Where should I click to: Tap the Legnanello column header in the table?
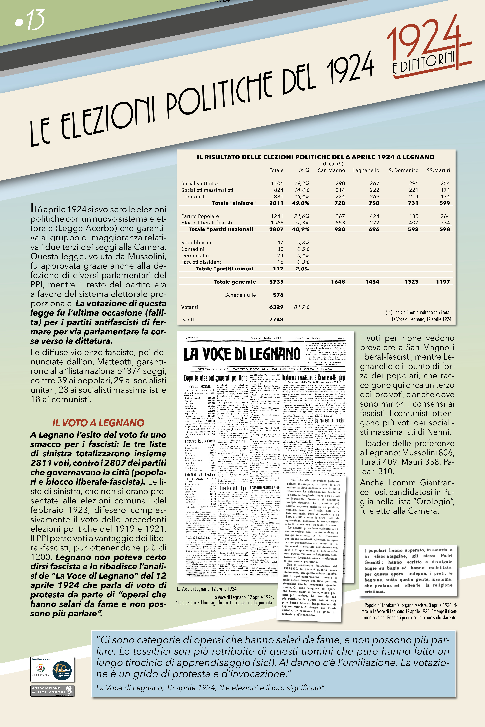pyautogui.click(x=366, y=170)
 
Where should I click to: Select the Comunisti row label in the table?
pyautogui.click(x=193, y=197)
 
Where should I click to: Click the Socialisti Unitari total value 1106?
pyautogui.click(x=277, y=183)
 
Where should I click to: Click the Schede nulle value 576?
pyautogui.click(x=278, y=295)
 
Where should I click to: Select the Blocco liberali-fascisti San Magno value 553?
pyautogui.click(x=340, y=223)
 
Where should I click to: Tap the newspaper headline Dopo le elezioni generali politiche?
pyautogui.click(x=216, y=378)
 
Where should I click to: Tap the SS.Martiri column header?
pyautogui.click(x=438, y=170)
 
